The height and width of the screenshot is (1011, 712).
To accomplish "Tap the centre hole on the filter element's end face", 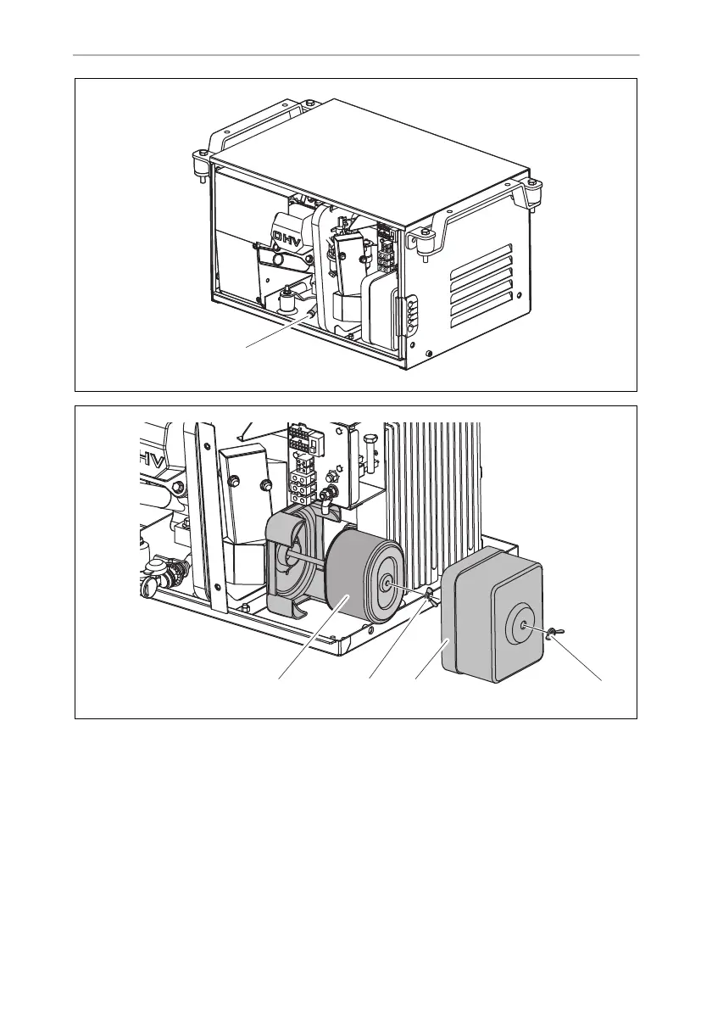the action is pyautogui.click(x=387, y=584).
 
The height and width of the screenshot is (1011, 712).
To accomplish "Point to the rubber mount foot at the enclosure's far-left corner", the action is pyautogui.click(x=201, y=162).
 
